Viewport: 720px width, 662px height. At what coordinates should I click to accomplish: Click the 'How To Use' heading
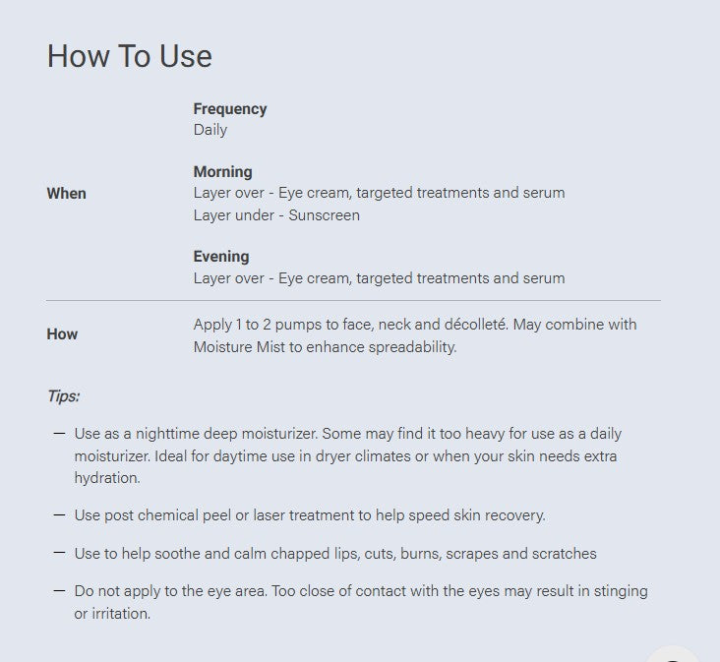(x=130, y=56)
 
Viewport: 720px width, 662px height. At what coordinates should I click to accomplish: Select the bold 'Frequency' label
(x=230, y=109)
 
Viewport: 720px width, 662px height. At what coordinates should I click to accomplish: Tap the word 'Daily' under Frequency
(x=210, y=130)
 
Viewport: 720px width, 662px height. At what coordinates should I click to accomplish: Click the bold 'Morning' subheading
(x=222, y=172)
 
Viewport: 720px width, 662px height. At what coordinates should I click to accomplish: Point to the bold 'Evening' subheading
(x=221, y=256)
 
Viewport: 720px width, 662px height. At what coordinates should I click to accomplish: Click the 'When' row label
(x=67, y=193)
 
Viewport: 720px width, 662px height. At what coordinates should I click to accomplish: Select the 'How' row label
(x=62, y=333)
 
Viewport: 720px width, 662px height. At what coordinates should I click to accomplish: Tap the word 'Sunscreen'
(x=325, y=215)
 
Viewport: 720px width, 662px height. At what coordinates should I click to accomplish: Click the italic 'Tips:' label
(x=64, y=395)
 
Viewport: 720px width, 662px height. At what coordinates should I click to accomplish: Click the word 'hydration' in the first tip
(x=107, y=478)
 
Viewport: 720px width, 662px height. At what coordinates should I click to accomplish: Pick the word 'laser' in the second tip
(x=269, y=515)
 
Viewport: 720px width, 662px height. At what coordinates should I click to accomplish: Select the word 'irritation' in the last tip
(x=121, y=614)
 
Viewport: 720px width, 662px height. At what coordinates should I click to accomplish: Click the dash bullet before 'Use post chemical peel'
(x=59, y=515)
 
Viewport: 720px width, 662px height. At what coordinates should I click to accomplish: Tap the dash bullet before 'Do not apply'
(x=59, y=591)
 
